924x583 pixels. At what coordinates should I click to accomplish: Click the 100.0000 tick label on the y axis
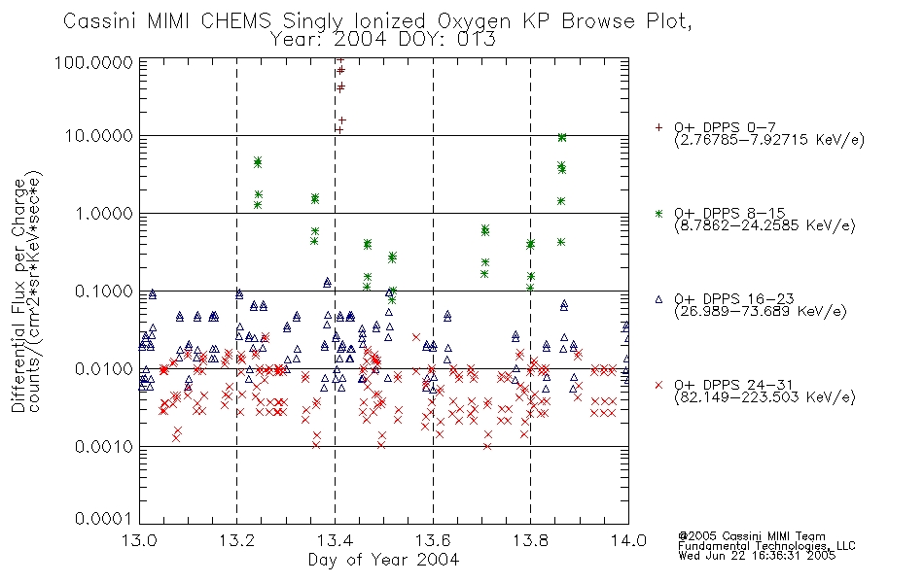[93, 62]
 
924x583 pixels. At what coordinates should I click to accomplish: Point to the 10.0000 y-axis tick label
[99, 136]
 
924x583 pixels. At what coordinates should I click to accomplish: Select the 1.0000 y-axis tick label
[104, 213]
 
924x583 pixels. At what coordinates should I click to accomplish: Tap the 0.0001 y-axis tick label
[104, 519]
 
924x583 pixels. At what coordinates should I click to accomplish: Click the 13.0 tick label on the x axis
[139, 540]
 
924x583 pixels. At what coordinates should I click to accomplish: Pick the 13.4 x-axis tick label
[336, 540]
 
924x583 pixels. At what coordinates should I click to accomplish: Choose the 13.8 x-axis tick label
[530, 540]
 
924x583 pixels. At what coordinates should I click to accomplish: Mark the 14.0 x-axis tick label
[628, 540]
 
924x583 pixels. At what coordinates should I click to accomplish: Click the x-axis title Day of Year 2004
[383, 560]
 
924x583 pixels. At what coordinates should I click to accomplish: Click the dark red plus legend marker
[658, 126]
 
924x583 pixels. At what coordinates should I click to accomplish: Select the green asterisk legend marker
[658, 213]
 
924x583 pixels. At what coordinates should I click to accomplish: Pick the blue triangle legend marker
[658, 299]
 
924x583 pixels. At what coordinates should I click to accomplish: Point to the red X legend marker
[658, 385]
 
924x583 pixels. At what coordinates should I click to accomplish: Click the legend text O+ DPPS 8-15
[729, 213]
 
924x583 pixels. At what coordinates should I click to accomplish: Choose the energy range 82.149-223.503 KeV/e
[764, 398]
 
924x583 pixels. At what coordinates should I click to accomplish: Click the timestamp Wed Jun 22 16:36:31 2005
[757, 556]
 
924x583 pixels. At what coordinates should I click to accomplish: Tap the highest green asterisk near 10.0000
[562, 137]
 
